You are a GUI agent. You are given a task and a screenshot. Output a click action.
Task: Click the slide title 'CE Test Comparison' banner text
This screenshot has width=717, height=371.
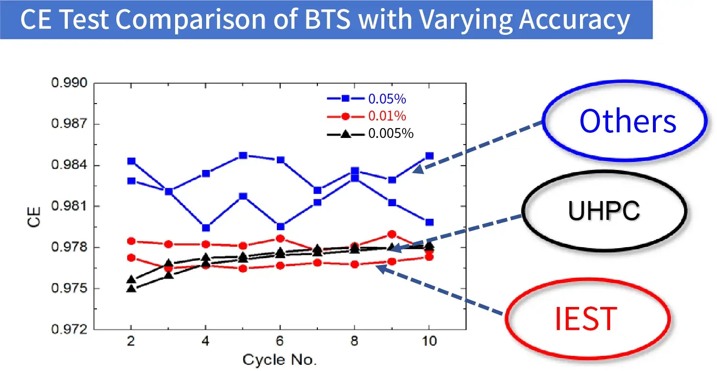[x=325, y=20]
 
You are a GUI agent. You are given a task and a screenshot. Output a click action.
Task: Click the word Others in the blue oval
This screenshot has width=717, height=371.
[x=627, y=121]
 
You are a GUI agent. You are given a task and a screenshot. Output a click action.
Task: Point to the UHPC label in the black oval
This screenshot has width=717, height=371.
[x=604, y=210]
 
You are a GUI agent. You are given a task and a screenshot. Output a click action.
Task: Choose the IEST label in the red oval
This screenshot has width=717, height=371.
[x=586, y=319]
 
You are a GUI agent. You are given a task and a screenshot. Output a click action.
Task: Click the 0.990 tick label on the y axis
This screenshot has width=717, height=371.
[x=69, y=83]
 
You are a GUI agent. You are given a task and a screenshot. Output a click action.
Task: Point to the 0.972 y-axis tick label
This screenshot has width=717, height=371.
[x=69, y=329]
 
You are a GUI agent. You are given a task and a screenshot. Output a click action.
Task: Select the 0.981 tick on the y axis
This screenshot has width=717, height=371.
[x=69, y=206]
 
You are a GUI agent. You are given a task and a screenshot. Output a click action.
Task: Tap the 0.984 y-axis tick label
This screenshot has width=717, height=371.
[x=69, y=165]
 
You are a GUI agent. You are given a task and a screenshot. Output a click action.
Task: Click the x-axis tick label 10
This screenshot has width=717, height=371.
[x=429, y=341]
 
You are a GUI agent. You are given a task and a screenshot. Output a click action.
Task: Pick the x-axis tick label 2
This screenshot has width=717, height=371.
[x=131, y=341]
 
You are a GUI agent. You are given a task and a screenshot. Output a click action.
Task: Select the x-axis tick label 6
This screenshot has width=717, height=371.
[x=280, y=341]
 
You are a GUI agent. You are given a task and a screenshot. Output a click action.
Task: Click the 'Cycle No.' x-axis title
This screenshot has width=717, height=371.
[x=280, y=360]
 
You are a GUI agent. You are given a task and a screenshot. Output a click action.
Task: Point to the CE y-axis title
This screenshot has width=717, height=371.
[x=34, y=217]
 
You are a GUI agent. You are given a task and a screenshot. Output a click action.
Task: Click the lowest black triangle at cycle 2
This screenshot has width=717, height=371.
[x=131, y=289]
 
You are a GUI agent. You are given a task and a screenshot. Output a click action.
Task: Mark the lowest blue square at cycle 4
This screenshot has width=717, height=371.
[x=206, y=228]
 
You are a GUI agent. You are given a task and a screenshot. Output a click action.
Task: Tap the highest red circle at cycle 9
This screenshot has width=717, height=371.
[x=392, y=234]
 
